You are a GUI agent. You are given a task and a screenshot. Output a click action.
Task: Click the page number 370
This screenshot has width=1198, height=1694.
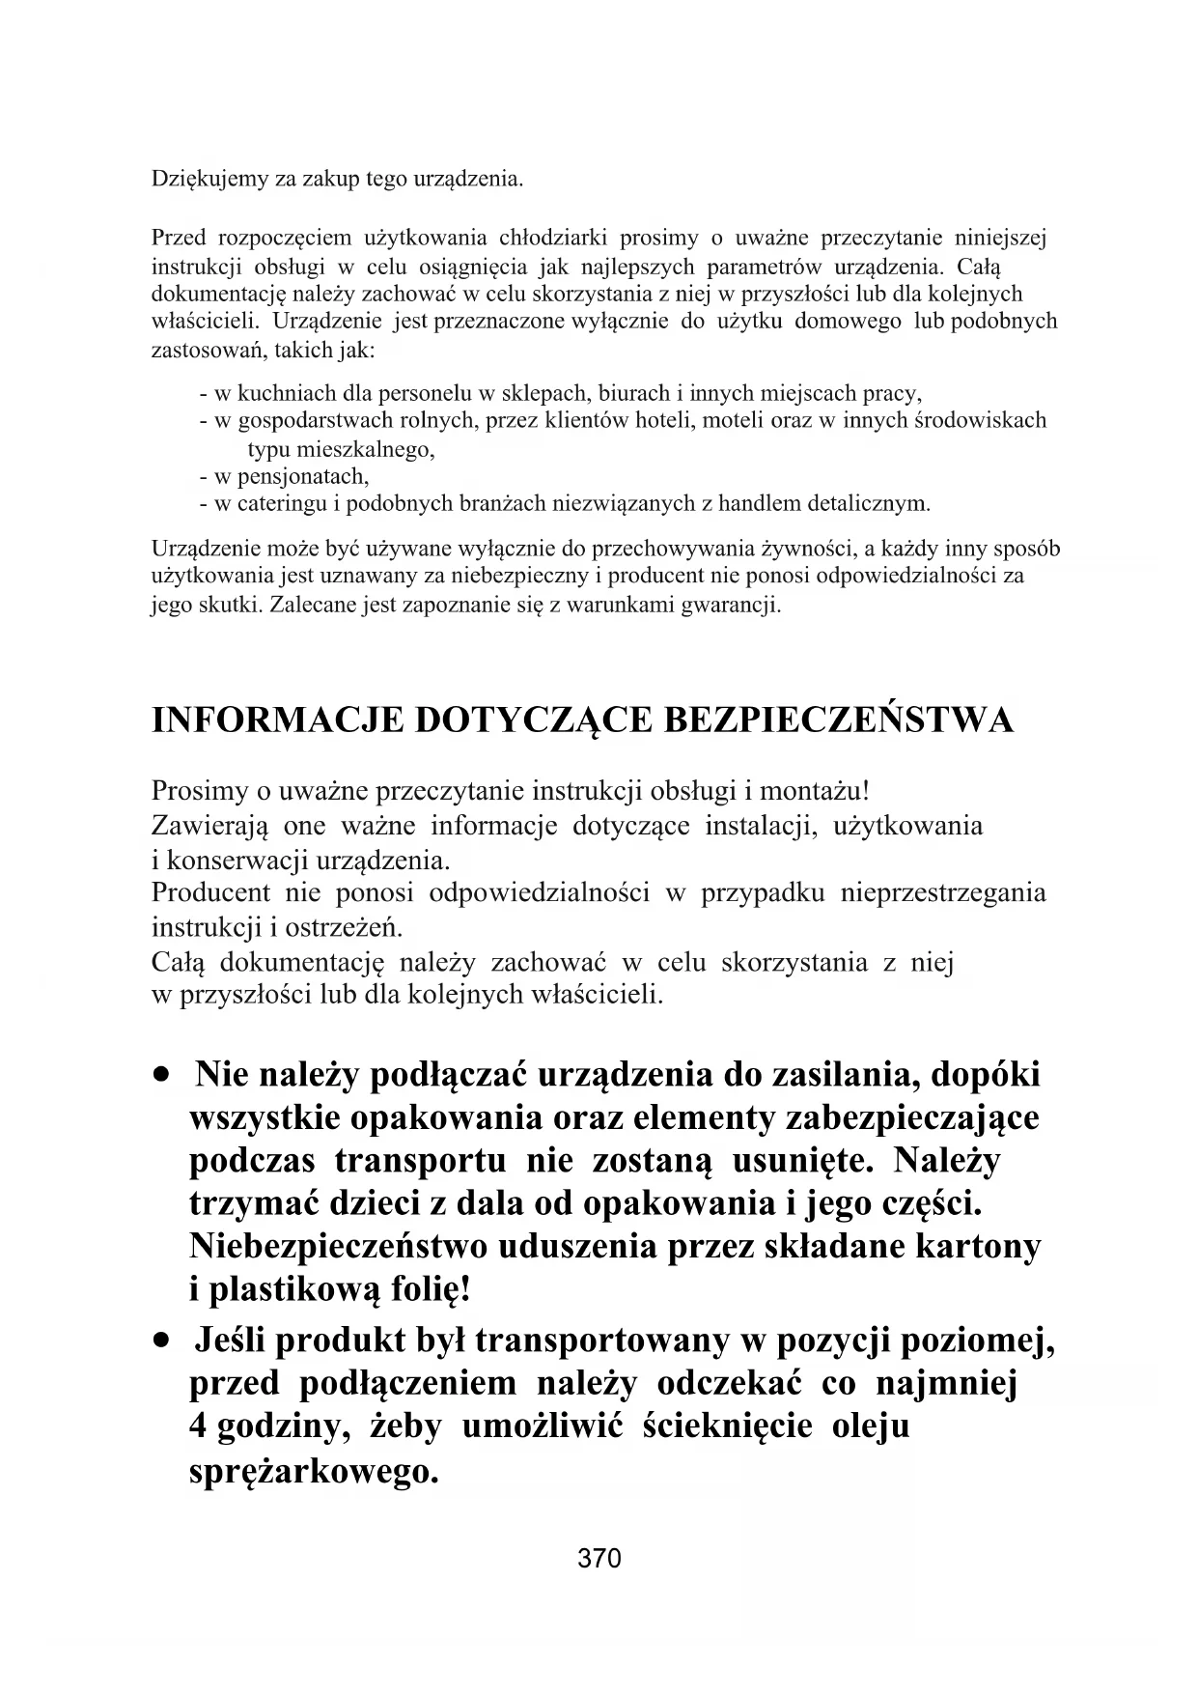click(599, 1558)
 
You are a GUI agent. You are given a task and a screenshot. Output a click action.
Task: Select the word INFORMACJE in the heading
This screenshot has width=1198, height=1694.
click(278, 720)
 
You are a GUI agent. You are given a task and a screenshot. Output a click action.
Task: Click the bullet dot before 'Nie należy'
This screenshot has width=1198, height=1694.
click(168, 1074)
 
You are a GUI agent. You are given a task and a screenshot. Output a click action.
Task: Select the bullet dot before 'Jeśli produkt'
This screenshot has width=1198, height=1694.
click(168, 1341)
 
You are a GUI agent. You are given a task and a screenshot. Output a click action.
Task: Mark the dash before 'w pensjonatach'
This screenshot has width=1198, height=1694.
click(204, 476)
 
